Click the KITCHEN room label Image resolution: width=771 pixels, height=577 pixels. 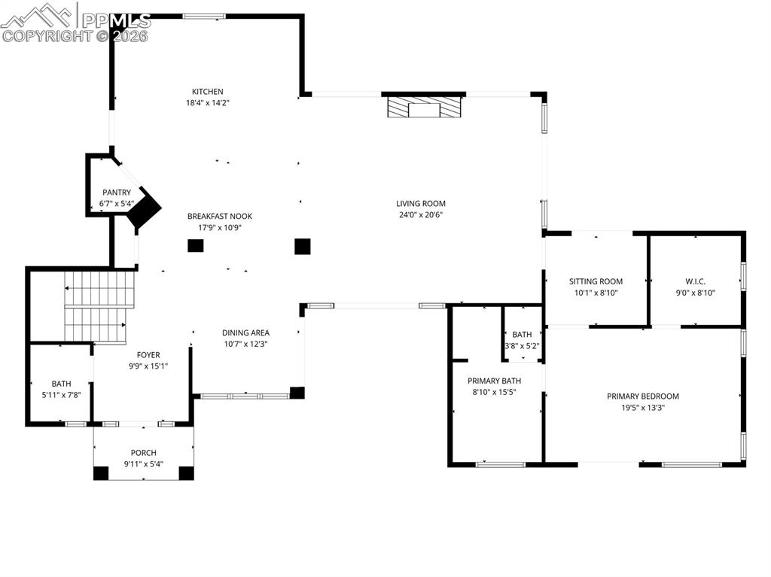(x=207, y=92)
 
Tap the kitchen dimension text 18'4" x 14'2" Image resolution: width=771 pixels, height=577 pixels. (x=207, y=103)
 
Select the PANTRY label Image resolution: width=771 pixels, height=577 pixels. (x=117, y=193)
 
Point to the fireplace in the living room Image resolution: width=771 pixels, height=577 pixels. (x=422, y=107)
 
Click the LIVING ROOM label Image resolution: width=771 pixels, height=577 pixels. (x=421, y=203)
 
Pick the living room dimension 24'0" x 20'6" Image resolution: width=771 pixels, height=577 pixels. (x=421, y=214)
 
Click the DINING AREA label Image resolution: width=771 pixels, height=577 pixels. (x=245, y=333)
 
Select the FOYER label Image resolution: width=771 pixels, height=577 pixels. (x=148, y=355)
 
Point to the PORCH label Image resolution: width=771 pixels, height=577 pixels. (x=143, y=453)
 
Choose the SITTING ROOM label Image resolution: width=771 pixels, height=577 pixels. (x=596, y=281)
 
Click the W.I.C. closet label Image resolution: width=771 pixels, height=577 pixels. (x=695, y=281)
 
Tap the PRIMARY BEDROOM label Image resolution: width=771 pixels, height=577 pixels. (x=643, y=396)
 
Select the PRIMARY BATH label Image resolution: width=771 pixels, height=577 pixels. (x=494, y=381)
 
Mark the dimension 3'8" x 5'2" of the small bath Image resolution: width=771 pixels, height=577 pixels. (x=522, y=346)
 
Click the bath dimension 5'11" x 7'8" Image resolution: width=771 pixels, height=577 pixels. (x=61, y=395)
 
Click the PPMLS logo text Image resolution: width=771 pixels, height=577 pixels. (x=116, y=20)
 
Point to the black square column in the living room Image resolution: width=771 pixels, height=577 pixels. (x=302, y=246)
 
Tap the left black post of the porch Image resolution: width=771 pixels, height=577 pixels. (x=101, y=473)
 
